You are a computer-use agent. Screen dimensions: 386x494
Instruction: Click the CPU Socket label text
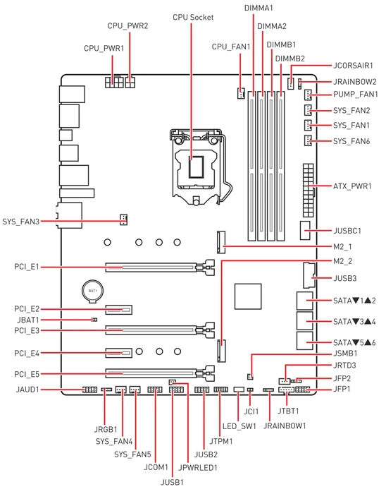click(x=193, y=17)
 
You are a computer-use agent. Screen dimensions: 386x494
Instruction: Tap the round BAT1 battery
click(x=92, y=291)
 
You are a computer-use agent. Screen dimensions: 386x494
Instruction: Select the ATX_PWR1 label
click(x=352, y=186)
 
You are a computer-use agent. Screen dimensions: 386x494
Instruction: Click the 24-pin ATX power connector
click(x=309, y=190)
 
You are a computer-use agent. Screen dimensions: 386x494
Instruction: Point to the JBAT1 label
click(x=28, y=320)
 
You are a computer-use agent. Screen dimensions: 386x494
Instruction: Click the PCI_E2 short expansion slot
click(x=118, y=309)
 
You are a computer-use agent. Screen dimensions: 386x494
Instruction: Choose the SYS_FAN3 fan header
click(x=123, y=219)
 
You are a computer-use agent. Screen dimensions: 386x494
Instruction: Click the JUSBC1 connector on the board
click(x=304, y=230)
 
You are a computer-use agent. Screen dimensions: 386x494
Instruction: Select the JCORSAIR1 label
click(x=353, y=66)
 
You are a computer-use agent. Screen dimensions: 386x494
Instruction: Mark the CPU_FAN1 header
click(x=241, y=92)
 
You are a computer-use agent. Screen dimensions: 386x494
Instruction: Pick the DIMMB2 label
click(x=289, y=59)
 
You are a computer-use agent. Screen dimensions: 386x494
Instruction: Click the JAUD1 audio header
click(x=90, y=390)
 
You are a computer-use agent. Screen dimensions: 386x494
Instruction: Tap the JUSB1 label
click(x=172, y=482)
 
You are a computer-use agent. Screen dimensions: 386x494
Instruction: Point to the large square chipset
click(x=248, y=296)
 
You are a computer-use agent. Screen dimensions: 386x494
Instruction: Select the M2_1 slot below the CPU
click(x=221, y=242)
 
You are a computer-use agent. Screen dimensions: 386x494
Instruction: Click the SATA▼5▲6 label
click(x=354, y=342)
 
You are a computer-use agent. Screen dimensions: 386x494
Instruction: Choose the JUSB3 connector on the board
click(x=309, y=275)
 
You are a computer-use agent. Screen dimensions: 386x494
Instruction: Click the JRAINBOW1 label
click(x=284, y=426)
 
